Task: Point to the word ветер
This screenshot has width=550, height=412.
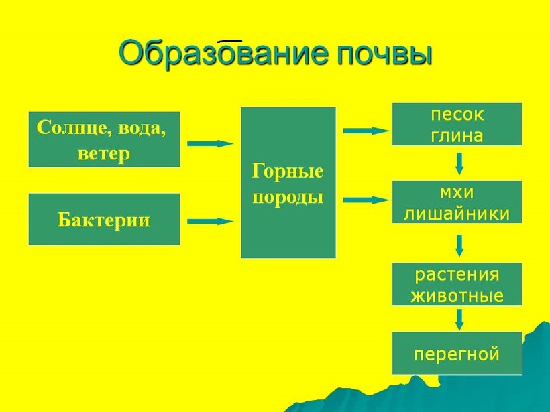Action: pos(104,153)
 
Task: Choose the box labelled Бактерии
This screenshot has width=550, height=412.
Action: pos(104,219)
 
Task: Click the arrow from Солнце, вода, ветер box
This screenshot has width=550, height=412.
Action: pos(210,143)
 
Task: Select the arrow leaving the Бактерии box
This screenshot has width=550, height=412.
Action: pos(210,220)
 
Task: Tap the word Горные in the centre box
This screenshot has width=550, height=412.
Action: pos(288,171)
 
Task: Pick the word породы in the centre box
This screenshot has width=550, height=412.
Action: pos(288,197)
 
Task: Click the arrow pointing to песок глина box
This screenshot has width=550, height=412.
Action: pos(366,131)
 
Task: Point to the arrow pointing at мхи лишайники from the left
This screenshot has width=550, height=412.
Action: pos(366,200)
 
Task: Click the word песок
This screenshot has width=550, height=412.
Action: pos(457,115)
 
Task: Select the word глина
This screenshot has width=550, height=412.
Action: pos(457,135)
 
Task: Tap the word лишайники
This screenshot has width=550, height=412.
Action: pos(457,213)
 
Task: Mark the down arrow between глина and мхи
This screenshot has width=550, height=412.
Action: pos(459,163)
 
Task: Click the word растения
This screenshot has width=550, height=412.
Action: pos(457,274)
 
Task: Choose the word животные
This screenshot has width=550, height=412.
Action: pos(457,295)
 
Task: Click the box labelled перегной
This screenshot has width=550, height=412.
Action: pos(457,353)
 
